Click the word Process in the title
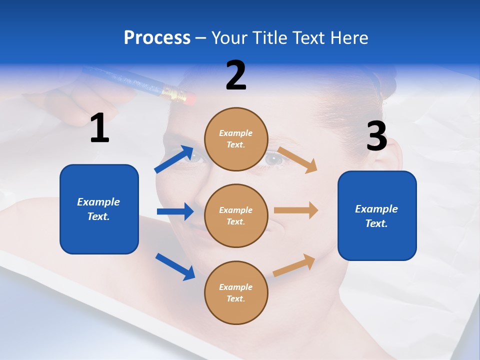click(x=157, y=38)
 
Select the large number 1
click(x=99, y=128)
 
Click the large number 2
click(x=236, y=75)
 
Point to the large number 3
click(x=376, y=136)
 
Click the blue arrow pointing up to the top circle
click(x=174, y=159)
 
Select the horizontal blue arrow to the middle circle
click(x=175, y=211)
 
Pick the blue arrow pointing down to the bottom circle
click(x=175, y=266)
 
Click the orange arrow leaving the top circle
click(x=297, y=159)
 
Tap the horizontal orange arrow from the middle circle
click(x=296, y=210)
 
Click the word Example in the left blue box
click(x=98, y=202)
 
